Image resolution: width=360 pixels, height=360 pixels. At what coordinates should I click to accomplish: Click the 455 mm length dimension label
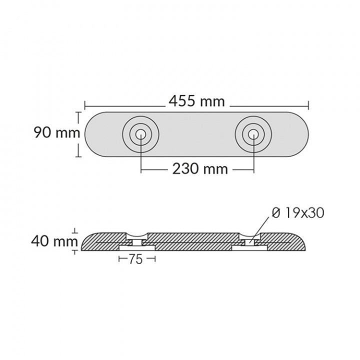pyautogui.click(x=197, y=101)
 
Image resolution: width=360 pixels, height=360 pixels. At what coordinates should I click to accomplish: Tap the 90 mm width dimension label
pyautogui.click(x=57, y=132)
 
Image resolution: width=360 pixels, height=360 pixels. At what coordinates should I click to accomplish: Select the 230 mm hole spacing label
pyautogui.click(x=200, y=169)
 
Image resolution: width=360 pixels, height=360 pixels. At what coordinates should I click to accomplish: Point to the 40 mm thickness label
pyautogui.click(x=54, y=241)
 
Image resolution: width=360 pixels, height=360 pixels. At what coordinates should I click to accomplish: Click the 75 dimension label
pyautogui.click(x=135, y=259)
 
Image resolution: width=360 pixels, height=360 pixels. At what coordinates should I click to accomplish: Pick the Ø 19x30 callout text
pyautogui.click(x=298, y=213)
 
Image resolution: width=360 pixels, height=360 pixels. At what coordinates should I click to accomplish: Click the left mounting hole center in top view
pyautogui.click(x=140, y=134)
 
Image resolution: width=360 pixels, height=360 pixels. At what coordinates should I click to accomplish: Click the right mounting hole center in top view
pyautogui.click(x=253, y=134)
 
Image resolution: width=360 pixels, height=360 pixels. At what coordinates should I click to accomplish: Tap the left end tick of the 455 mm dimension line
pyautogui.click(x=85, y=105)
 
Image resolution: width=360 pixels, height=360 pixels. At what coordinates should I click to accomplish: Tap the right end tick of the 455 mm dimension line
pyautogui.click(x=308, y=105)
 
